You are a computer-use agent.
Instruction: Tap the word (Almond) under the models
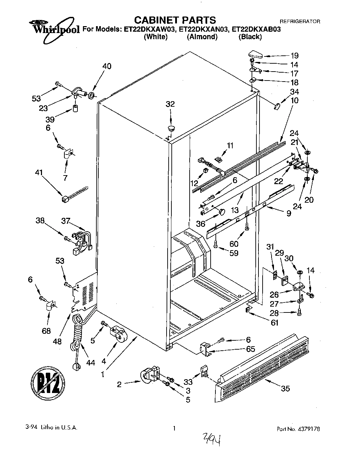pos(202,37)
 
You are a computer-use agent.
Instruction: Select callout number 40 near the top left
pos(107,66)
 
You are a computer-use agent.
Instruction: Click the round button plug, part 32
pos(171,128)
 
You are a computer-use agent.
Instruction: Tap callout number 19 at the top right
pos(294,56)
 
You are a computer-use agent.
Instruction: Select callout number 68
pos(46,331)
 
